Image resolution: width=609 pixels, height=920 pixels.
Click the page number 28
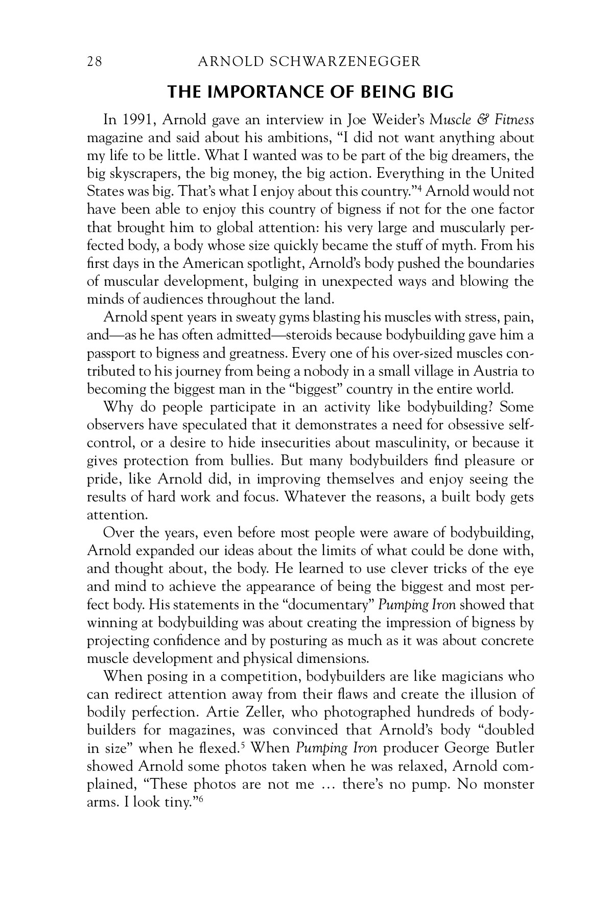pos(95,62)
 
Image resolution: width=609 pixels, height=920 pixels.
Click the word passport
pos(109,353)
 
